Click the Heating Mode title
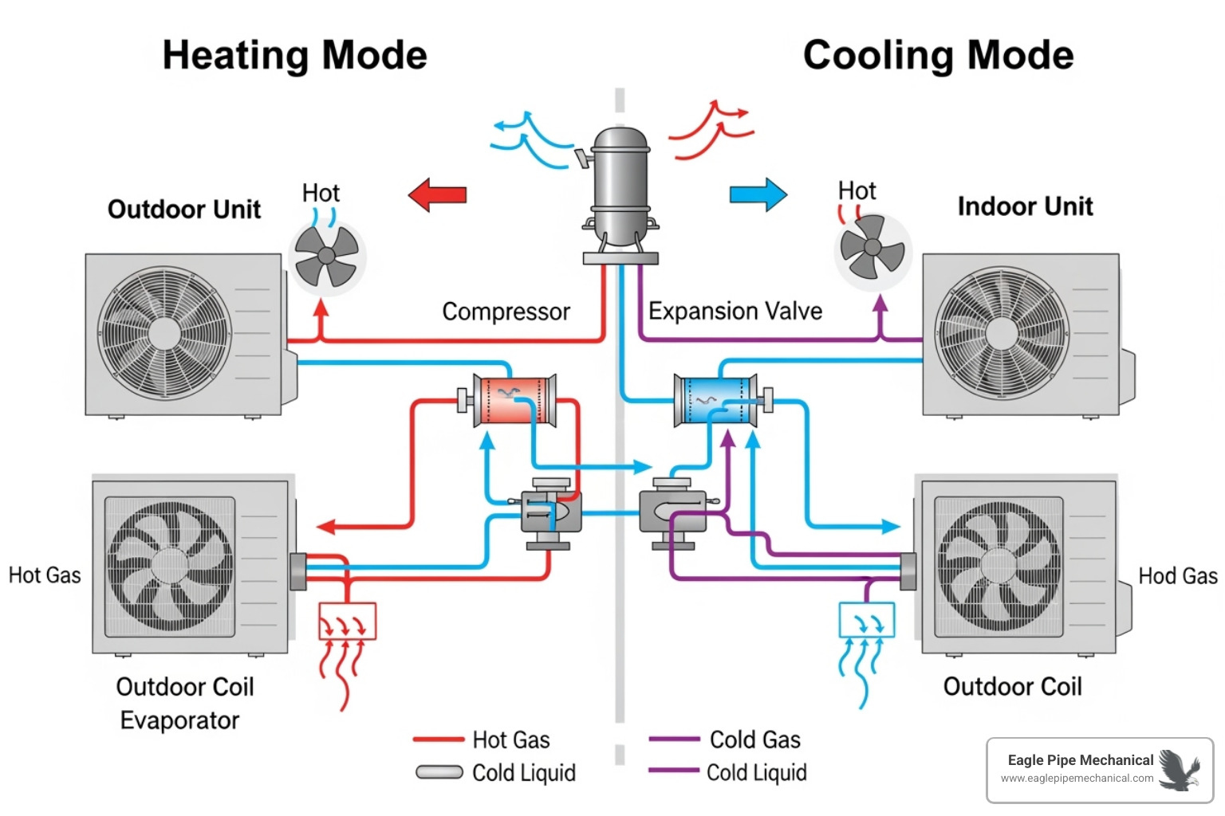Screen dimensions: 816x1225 point(294,56)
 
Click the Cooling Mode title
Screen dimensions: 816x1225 point(938,56)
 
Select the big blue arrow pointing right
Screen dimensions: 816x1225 point(758,194)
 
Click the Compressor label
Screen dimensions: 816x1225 point(506,312)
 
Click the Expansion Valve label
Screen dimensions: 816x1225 point(735,311)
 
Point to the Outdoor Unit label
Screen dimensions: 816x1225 point(184,210)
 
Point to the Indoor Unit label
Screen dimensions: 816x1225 point(1025,206)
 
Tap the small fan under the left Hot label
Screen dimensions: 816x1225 point(326,256)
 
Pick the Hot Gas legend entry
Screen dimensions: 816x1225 point(510,739)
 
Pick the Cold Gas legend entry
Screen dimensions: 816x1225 point(754,739)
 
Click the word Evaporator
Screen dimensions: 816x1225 point(179,720)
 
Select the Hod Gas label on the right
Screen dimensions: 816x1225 point(1177,576)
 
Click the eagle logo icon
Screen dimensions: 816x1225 point(1180,770)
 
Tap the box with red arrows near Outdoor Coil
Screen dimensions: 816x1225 point(347,622)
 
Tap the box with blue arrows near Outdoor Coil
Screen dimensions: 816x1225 point(867,620)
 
